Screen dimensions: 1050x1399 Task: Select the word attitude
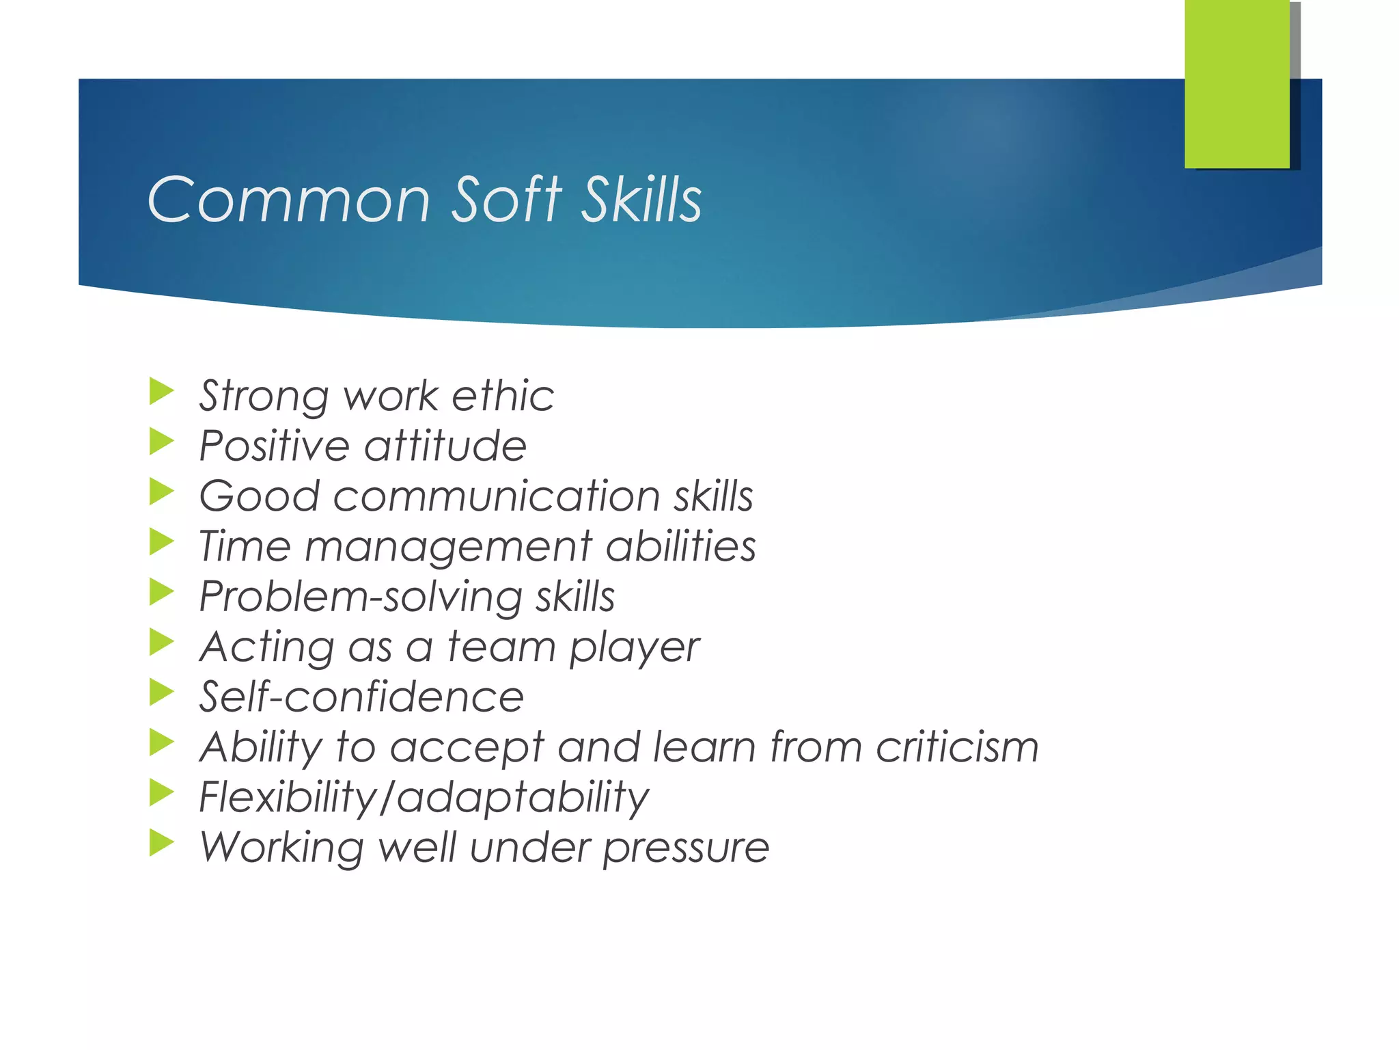[445, 446]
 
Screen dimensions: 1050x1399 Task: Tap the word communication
[497, 496]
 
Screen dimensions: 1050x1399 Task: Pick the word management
[448, 548]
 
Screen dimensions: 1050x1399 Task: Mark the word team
[501, 647]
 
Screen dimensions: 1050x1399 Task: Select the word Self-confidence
[361, 697]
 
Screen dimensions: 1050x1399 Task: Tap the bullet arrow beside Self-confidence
[161, 692]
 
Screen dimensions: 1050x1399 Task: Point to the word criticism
[957, 746]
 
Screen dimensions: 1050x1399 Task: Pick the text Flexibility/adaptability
[424, 798]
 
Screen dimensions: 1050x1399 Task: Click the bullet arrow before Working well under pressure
[161, 843]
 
